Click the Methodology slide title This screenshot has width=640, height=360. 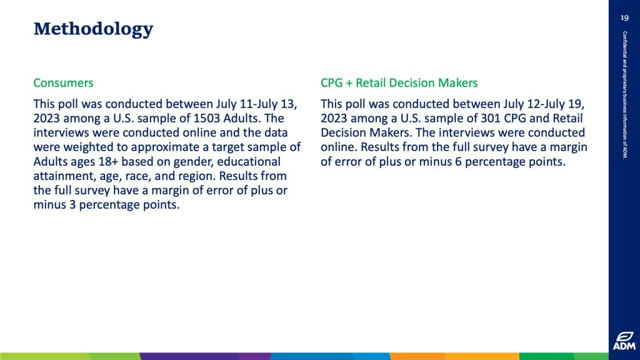(x=93, y=29)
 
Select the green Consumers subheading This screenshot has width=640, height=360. (x=63, y=83)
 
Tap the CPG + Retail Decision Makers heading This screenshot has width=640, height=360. (x=399, y=83)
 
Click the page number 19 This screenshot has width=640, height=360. (x=624, y=17)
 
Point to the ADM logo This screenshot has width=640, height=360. (x=624, y=341)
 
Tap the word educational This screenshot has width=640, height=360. (x=249, y=162)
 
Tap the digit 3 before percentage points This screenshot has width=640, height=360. (x=72, y=204)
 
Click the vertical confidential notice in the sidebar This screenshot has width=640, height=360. (x=625, y=95)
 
